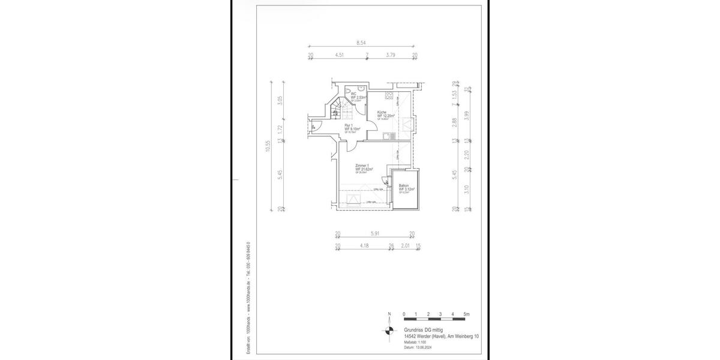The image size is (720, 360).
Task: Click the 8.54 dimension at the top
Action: point(361,43)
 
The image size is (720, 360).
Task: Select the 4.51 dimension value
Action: point(339,55)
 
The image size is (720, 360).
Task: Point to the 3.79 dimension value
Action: point(391,55)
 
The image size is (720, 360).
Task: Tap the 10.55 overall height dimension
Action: point(268,146)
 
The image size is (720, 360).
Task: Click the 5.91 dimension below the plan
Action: point(375,233)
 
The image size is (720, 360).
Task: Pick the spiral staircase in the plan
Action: point(336,111)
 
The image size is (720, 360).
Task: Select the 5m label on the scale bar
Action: point(467,314)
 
